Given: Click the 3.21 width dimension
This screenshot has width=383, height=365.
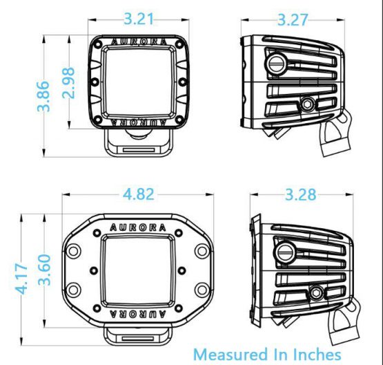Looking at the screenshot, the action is (139, 19).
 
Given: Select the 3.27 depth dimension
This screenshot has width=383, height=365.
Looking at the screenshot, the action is (293, 19).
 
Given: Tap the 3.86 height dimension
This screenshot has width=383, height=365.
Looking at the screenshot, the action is (43, 96).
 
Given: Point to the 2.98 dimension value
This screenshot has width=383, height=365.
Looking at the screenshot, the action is (68, 83).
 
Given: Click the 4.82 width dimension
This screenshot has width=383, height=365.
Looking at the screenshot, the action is (139, 194).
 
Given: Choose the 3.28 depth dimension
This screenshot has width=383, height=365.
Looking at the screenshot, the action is (300, 194).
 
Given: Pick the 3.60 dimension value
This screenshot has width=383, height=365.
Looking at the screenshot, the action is (45, 270).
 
